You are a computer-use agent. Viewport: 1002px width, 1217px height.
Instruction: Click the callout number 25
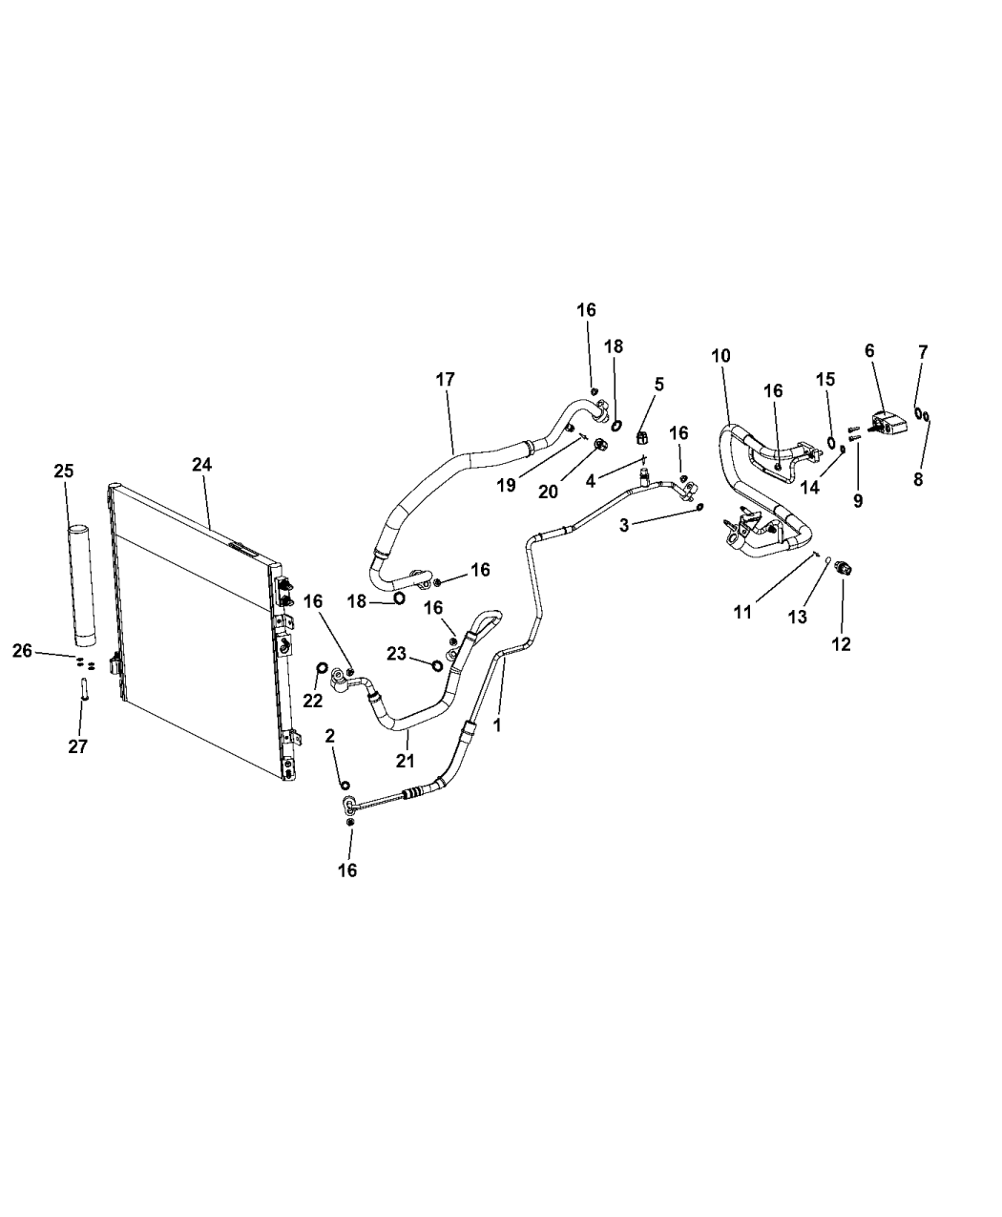(x=64, y=471)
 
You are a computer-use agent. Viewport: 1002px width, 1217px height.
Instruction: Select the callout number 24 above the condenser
(x=201, y=465)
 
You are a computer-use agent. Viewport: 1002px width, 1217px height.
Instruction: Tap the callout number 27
(x=77, y=746)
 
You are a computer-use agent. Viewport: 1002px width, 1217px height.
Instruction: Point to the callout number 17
(x=445, y=380)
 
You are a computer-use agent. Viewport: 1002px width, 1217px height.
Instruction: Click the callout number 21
(x=406, y=761)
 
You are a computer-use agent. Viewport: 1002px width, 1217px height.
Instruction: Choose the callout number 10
(x=721, y=355)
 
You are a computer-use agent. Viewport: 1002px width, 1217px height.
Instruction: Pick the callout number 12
(x=842, y=644)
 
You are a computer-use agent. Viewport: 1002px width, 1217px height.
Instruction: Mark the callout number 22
(x=313, y=702)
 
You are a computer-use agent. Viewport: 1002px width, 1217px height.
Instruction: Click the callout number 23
(x=396, y=654)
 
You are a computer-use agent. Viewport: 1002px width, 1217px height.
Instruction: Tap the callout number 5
(x=659, y=384)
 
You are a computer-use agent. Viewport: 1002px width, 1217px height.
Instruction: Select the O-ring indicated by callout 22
(x=322, y=667)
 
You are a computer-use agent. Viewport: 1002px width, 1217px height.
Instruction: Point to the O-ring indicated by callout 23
(x=437, y=665)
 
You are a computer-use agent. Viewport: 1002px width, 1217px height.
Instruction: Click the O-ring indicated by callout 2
(x=344, y=784)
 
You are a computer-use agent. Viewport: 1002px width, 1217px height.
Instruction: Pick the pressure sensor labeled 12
(x=843, y=567)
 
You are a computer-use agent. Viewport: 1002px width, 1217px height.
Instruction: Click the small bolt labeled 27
(x=84, y=688)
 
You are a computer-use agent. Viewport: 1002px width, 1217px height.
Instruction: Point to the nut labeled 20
(x=598, y=446)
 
